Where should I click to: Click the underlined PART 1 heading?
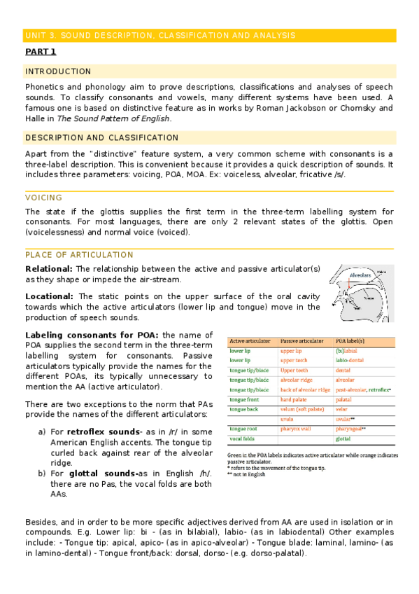click(41, 52)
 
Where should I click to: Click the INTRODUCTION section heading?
click(58, 71)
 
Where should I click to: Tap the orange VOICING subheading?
click(44, 198)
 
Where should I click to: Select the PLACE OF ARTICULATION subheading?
click(79, 255)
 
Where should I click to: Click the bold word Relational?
click(49, 269)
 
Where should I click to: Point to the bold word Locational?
click(51, 296)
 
